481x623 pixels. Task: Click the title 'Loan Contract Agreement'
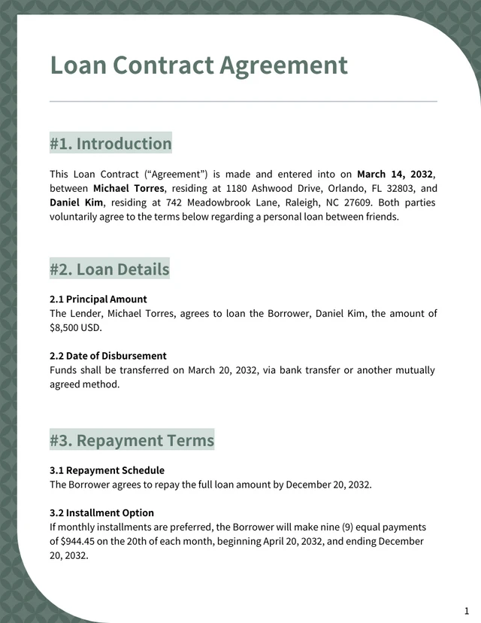pos(198,65)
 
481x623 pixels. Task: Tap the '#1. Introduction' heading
pos(110,143)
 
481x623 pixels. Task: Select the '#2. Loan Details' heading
pos(110,269)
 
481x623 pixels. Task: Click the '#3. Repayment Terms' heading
pos(132,439)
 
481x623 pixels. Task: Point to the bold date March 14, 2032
pos(395,174)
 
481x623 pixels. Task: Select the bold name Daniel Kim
pos(77,202)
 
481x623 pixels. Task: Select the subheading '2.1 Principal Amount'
pos(98,299)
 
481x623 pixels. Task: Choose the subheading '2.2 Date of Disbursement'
pos(108,355)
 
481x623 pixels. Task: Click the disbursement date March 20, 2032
pos(224,369)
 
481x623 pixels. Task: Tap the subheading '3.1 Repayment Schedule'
pos(107,470)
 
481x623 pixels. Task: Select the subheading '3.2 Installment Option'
pos(101,513)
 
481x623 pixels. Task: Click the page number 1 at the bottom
pos(467,609)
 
